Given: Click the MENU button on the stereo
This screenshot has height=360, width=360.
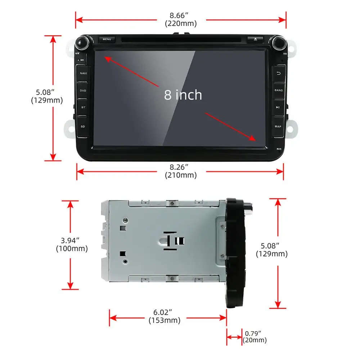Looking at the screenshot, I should click(x=107, y=39).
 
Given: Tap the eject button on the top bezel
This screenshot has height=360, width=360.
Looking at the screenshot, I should click(x=255, y=39).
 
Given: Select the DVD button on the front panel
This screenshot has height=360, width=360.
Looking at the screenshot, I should click(x=83, y=91).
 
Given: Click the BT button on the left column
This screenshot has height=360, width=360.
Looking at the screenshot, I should click(x=83, y=107).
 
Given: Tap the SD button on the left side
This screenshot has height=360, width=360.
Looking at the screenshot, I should click(x=83, y=126).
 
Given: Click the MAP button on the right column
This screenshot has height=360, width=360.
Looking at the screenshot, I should click(x=278, y=126).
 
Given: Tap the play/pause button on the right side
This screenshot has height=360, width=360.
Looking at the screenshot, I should click(x=278, y=107).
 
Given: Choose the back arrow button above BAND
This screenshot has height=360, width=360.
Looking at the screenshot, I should click(x=278, y=73).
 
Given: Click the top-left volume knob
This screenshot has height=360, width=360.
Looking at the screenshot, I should click(x=82, y=44).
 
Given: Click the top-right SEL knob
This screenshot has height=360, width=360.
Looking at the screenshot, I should click(x=278, y=44).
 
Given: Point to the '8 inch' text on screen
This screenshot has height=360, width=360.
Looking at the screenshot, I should click(x=183, y=95).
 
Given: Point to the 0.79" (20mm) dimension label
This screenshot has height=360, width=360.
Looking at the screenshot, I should click(x=255, y=337).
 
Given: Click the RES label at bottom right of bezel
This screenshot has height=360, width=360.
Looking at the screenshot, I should click(x=279, y=149).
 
